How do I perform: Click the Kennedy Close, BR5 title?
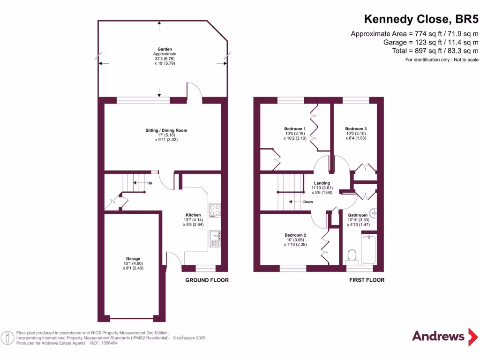click(x=421, y=19)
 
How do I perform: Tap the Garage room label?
click(x=133, y=259)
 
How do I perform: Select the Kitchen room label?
click(x=193, y=215)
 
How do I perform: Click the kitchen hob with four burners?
click(x=215, y=210)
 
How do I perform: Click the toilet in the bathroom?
click(x=352, y=255)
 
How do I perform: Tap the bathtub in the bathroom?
click(x=369, y=249)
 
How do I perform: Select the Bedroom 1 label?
click(x=295, y=129)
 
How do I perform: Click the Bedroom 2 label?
click(x=295, y=235)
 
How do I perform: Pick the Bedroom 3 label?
click(x=356, y=129)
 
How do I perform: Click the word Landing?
click(x=322, y=183)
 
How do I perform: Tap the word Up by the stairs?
click(x=150, y=183)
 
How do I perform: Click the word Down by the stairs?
click(x=308, y=202)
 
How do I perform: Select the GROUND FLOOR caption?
click(x=207, y=280)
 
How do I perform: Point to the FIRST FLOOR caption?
click(x=367, y=280)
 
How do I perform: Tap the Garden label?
click(x=165, y=49)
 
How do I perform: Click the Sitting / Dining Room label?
click(x=166, y=130)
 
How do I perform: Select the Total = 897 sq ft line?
click(x=431, y=51)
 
